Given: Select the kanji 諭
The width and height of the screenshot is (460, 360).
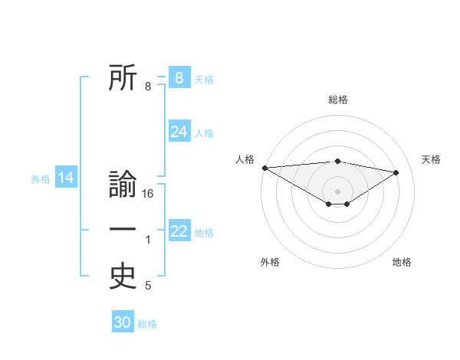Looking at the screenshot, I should (x=123, y=186).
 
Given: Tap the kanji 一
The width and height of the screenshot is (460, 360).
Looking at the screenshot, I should (x=123, y=229).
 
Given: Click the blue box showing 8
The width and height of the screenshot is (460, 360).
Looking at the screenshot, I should (x=179, y=77).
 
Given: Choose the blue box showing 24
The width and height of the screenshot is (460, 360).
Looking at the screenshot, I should (x=179, y=132).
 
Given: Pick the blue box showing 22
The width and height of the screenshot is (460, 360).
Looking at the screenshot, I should (x=179, y=231).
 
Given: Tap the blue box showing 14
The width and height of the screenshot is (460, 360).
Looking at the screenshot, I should (x=65, y=178).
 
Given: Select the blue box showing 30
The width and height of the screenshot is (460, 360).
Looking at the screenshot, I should (x=123, y=322).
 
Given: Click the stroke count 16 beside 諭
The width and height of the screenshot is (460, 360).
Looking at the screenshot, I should (x=149, y=195).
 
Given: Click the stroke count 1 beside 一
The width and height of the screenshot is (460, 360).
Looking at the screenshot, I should (x=148, y=241).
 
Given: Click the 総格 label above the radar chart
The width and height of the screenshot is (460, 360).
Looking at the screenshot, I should (x=337, y=100).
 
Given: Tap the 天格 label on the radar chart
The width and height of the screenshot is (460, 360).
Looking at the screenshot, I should (x=431, y=159).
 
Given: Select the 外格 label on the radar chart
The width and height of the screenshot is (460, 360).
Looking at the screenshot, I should (x=270, y=262).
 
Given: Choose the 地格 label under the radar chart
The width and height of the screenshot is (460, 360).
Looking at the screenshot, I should (x=402, y=262).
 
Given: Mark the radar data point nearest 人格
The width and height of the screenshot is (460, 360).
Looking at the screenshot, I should (x=264, y=167).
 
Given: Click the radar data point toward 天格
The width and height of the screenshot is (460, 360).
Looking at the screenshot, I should (x=396, y=172).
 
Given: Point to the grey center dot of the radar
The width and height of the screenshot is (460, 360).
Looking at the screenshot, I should (x=337, y=190).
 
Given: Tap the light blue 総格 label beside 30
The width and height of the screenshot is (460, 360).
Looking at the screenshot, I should (x=147, y=324).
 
